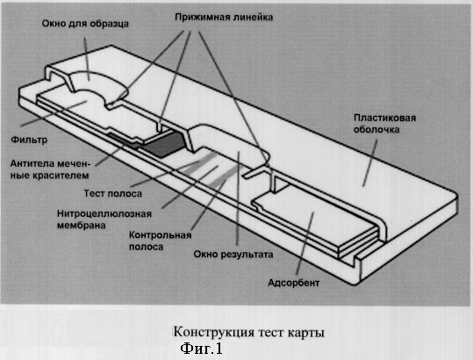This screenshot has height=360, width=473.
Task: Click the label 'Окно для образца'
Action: pos(85,24)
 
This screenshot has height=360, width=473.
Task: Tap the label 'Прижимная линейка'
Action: pos(224,18)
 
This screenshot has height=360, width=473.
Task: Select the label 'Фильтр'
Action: pos(29,140)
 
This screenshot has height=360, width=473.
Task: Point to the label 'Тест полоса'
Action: pos(113,193)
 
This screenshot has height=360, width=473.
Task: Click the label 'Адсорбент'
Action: pos(293,283)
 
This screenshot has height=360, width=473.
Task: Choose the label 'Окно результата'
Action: pos(233,255)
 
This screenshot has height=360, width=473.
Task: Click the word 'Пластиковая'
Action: pos(385,118)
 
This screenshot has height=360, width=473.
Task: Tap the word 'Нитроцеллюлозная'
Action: pos(104,214)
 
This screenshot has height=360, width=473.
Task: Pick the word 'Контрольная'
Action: pos(161,235)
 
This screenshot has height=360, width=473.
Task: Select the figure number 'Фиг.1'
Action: pos(201,349)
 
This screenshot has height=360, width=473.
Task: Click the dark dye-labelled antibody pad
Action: pos(163,144)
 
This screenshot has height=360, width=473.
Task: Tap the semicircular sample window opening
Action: pos(94,83)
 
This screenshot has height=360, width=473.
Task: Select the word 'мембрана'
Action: pos(81,226)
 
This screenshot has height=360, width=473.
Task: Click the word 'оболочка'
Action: pos(376,130)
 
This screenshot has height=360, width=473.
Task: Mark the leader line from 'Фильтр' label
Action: pos(54,113)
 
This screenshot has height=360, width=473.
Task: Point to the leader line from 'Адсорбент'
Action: pos(305,243)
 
